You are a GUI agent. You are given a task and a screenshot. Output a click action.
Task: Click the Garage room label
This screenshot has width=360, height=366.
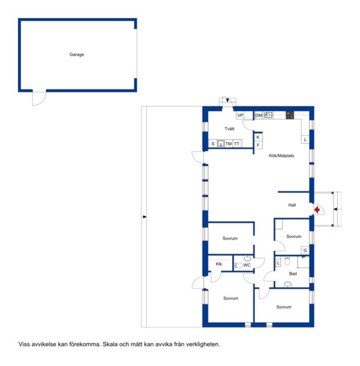[x=77, y=55]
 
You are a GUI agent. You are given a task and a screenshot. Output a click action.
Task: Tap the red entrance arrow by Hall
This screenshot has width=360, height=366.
[x=317, y=209]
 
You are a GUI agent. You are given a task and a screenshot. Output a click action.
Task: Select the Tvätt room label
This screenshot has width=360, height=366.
[x=229, y=128]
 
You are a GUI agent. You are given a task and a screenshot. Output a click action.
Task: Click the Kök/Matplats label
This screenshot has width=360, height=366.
[x=281, y=155]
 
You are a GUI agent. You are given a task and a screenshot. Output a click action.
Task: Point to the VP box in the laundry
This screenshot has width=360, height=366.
[x=240, y=115]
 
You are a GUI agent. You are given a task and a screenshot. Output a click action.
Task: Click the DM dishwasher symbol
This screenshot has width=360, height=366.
[x=259, y=115]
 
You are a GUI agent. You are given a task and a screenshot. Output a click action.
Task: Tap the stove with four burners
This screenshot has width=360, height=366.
[x=290, y=115]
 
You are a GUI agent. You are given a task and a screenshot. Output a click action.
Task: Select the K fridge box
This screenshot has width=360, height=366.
[x=258, y=137]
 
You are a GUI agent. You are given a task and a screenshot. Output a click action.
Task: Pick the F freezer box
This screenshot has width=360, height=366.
[x=258, y=145]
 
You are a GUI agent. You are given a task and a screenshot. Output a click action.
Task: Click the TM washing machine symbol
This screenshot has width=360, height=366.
[x=229, y=144]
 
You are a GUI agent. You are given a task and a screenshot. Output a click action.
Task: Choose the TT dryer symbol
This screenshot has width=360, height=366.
[x=237, y=144]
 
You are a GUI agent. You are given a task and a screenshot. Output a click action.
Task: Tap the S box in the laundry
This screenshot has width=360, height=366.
[x=213, y=144]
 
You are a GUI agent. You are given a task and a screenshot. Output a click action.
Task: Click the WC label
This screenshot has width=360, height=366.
[x=247, y=265]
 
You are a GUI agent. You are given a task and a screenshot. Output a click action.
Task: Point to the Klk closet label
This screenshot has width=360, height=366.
[x=219, y=264]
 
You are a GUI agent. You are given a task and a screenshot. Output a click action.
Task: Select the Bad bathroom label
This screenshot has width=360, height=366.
[x=293, y=274]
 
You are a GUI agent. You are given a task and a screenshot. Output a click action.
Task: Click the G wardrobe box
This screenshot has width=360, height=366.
[x=305, y=250]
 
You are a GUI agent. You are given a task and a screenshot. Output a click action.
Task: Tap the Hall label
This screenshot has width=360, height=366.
[x=292, y=205]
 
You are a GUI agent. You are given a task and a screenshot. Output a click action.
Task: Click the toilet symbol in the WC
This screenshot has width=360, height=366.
[x=238, y=265]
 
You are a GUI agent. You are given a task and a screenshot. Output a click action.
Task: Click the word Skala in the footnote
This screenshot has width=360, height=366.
[x=110, y=344]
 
